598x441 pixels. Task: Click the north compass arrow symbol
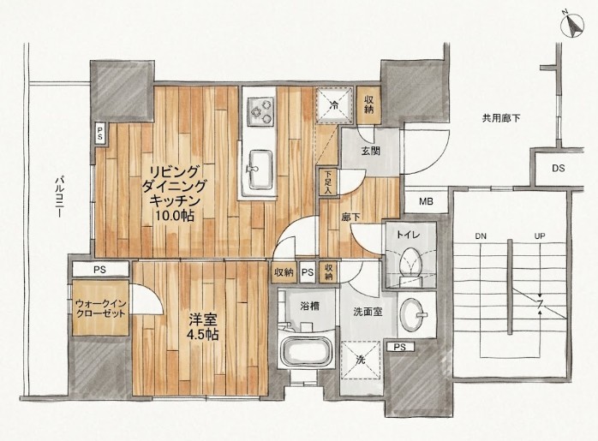573,26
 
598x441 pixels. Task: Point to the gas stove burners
260,111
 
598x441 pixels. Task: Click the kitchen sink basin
260,170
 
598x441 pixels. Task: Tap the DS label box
558,168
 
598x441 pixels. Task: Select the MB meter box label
426,201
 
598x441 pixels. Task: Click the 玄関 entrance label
370,151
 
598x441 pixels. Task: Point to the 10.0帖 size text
175,216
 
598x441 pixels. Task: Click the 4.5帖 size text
202,334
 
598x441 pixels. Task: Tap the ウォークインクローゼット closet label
101,308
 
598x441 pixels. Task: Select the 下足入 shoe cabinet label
328,182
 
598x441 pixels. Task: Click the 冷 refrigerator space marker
335,104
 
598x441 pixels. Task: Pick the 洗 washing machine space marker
361,360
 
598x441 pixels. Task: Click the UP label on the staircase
540,236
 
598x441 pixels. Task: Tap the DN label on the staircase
481,236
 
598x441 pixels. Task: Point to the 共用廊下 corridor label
501,118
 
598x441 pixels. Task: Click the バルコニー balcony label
59,197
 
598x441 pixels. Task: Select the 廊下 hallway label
351,217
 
